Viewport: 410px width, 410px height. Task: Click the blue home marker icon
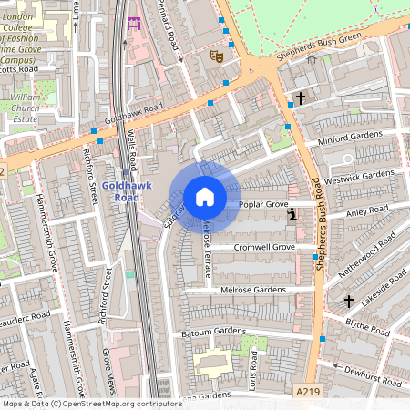[x=205, y=197]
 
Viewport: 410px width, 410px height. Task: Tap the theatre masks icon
[x=217, y=56]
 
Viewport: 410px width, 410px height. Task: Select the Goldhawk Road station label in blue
[x=120, y=190]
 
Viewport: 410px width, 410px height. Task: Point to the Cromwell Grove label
[x=264, y=247]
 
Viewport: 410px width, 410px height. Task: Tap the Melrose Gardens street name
[x=253, y=290]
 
